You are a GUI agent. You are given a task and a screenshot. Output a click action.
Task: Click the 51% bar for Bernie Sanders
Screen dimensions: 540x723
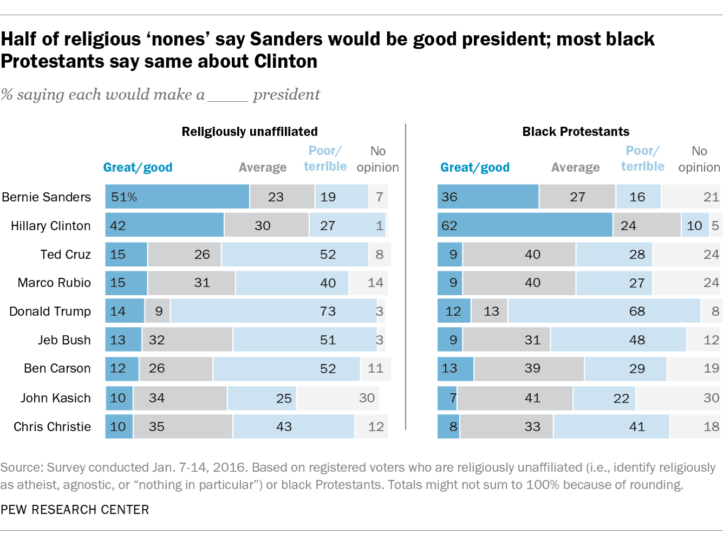177,197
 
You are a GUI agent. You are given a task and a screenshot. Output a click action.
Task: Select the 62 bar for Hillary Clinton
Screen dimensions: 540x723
525,225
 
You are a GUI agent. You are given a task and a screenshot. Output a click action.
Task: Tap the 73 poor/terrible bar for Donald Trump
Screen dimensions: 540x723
273,311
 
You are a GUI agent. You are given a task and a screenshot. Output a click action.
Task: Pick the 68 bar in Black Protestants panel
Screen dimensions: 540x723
604,311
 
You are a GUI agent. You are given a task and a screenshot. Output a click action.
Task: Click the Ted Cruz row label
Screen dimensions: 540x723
66,255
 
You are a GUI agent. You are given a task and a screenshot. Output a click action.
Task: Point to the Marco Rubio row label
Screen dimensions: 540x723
54,283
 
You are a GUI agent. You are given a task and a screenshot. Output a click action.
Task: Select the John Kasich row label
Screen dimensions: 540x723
56,398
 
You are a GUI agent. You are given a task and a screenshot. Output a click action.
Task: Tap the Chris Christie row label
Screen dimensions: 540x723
52,427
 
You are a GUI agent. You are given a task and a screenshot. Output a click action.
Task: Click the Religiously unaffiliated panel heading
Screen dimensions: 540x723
250,132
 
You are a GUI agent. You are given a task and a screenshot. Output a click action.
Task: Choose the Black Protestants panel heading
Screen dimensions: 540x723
576,132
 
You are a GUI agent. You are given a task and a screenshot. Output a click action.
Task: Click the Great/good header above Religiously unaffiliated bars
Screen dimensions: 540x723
138,167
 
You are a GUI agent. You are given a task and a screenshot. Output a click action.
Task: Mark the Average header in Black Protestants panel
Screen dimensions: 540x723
575,167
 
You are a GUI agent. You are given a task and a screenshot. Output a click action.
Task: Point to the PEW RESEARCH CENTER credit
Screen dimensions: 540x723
75,510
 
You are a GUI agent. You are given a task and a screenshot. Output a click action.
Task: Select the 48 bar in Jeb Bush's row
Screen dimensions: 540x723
618,340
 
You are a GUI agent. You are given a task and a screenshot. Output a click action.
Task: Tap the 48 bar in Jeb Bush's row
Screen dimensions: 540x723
618,340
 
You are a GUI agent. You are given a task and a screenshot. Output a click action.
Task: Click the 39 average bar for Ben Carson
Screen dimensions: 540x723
529,368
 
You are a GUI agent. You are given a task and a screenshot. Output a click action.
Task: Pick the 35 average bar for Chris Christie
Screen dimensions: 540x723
183,427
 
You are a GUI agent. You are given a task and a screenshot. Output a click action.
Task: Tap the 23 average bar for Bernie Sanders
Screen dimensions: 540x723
282,197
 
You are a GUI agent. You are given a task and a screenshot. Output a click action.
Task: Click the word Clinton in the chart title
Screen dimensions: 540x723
285,62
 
